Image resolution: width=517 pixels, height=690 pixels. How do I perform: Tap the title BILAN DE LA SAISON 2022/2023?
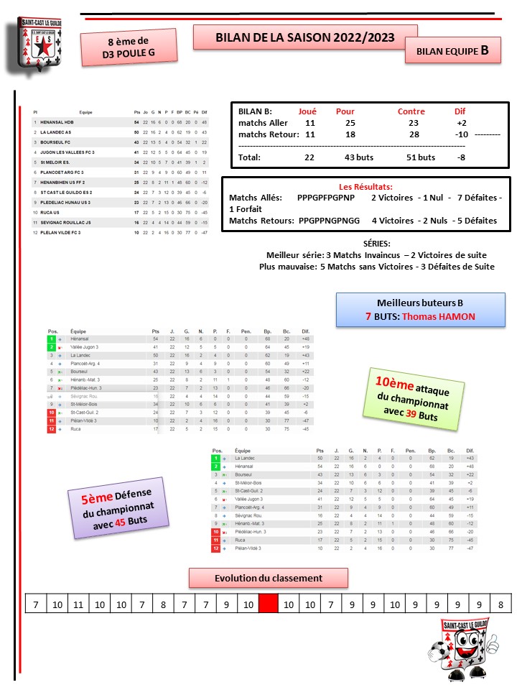(x=305, y=38)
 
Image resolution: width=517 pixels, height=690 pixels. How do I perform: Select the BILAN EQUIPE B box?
(x=452, y=52)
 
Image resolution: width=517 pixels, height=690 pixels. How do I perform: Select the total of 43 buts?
(x=350, y=157)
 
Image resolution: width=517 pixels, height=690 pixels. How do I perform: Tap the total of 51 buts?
(x=416, y=157)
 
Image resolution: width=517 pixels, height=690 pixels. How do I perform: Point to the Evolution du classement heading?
(x=269, y=578)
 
